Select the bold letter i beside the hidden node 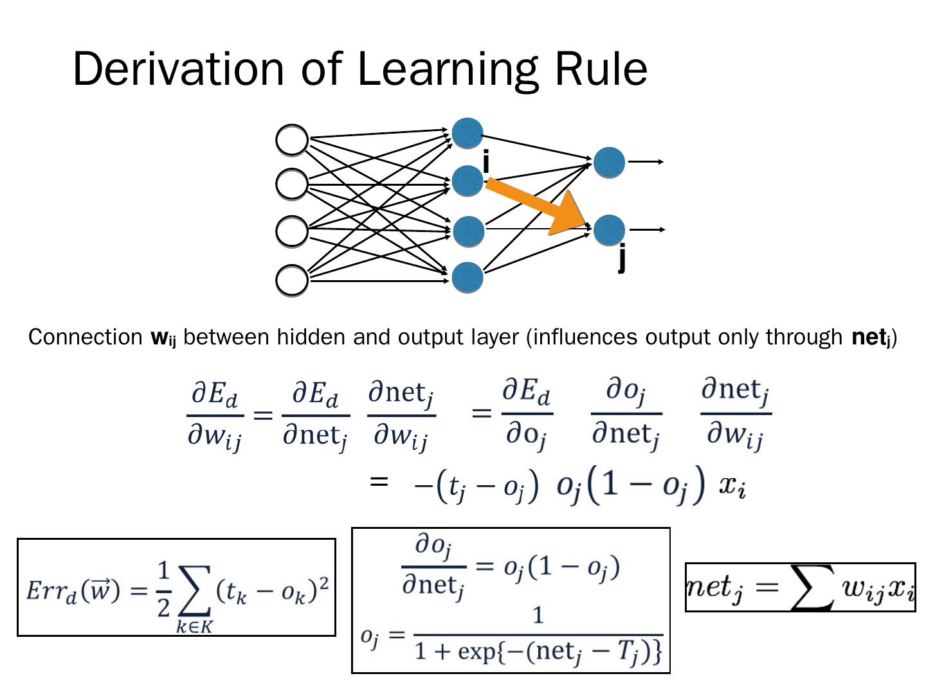click(486, 162)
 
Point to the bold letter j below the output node click(621, 258)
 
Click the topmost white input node click(292, 139)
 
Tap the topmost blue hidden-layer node click(468, 133)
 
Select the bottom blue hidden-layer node click(468, 278)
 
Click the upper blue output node click(609, 162)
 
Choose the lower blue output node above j click(609, 230)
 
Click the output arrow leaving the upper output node click(646, 162)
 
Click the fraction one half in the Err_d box click(163, 587)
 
